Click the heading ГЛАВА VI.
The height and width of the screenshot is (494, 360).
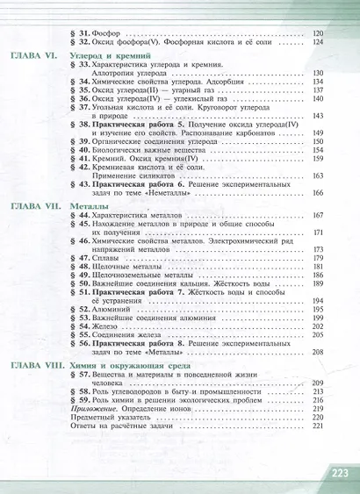(33, 55)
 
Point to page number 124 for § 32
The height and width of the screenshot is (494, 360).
(317, 41)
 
